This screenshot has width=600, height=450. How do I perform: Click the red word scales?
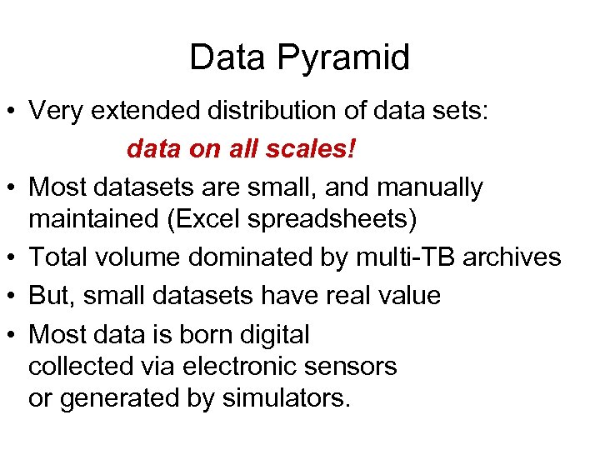coord(313,149)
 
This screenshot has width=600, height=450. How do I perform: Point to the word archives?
coord(512,257)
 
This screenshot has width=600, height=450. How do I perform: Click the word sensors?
coord(353,366)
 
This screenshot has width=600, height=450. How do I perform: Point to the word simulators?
coord(286,398)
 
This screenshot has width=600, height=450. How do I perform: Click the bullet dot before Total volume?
coord(12,258)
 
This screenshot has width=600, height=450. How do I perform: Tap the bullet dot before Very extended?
coord(12,111)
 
